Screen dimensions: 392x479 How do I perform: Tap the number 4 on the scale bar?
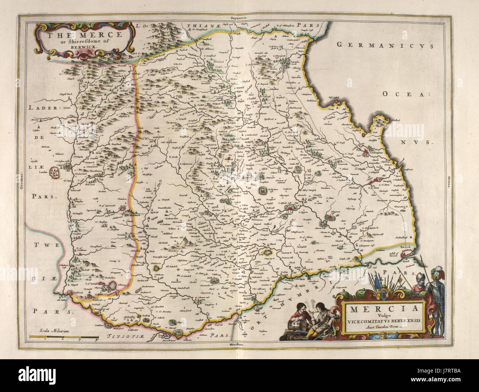(x=96, y=340)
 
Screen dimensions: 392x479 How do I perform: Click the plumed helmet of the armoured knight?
(x=436, y=273)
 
